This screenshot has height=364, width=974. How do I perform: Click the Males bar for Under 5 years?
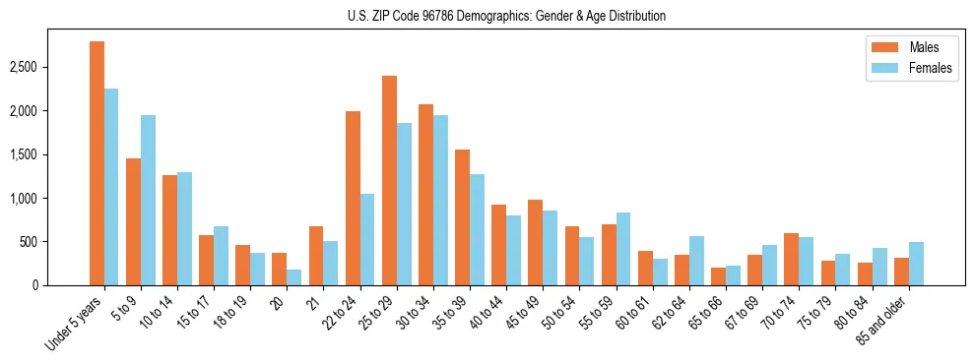tap(97, 163)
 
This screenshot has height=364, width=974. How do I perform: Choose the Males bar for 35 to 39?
tap(462, 217)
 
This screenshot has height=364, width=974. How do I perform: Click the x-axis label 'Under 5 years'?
tap(77, 324)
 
